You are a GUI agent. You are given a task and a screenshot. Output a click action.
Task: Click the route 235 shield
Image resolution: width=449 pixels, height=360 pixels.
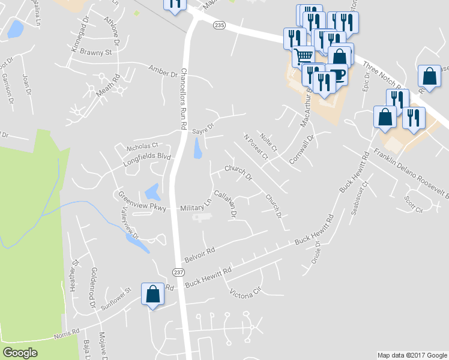pyautogui.click(x=220, y=25)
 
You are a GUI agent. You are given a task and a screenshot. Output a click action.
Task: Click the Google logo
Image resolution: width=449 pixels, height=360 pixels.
pyautogui.click(x=20, y=353)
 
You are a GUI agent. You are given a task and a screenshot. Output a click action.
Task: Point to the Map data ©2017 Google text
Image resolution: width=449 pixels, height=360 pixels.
pyautogui.click(x=411, y=355)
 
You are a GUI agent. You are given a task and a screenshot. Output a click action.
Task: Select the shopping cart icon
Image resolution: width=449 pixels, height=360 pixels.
pyautogui.click(x=304, y=56)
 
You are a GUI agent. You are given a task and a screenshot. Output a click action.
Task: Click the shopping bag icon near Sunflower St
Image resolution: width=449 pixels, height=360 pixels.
pyautogui.click(x=152, y=294)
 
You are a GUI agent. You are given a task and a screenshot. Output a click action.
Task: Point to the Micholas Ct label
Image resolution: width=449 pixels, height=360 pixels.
pyautogui.click(x=142, y=146)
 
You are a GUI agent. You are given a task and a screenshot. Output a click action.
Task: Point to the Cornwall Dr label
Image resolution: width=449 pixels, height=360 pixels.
pyautogui.click(x=303, y=151)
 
